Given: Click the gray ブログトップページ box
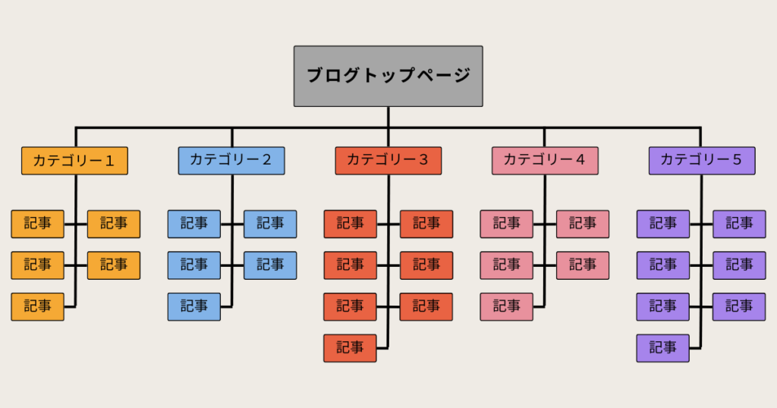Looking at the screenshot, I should [388, 76].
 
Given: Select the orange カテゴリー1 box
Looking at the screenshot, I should [74, 161].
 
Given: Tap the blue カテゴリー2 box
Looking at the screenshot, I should [231, 161].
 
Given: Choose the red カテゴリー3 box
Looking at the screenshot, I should [388, 161].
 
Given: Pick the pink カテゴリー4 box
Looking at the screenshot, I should [545, 161].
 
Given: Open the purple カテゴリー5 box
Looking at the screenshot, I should [702, 161].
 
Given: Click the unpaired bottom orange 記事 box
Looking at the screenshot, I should [37, 306].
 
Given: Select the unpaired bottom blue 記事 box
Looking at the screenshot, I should [194, 306].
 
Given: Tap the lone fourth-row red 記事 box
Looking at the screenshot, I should [350, 348].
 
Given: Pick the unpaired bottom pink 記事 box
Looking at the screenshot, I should [507, 306].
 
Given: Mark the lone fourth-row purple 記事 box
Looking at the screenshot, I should [663, 348].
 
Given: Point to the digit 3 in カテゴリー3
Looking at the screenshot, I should [423, 161].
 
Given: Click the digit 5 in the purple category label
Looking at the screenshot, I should [737, 161].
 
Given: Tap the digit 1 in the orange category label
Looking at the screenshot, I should [109, 161].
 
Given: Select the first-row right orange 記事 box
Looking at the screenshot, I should [114, 224].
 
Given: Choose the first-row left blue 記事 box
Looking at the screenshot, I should [194, 224].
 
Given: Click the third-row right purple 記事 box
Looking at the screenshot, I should [739, 306].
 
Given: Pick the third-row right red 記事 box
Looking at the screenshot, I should [426, 306].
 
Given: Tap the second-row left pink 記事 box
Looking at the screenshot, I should [507, 265].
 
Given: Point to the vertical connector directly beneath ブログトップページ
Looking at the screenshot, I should [388, 117].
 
